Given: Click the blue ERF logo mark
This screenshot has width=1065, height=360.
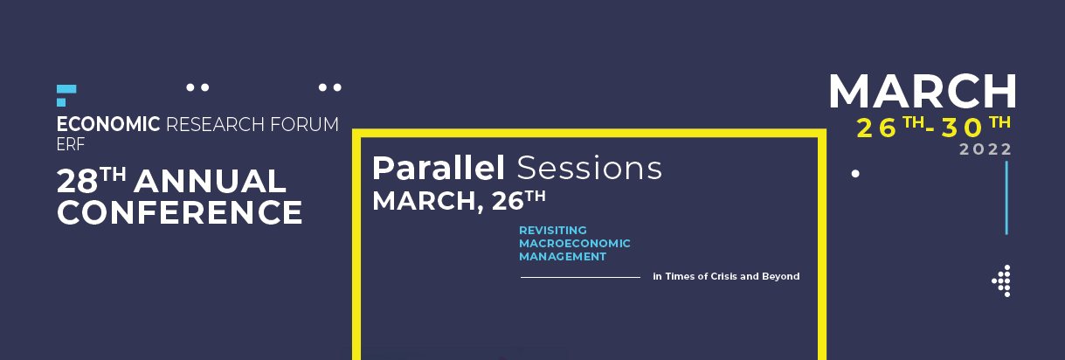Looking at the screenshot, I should (x=65, y=95).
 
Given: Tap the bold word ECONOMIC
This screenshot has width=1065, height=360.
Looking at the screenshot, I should (x=108, y=125).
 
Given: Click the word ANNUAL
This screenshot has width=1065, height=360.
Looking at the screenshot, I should (x=210, y=183).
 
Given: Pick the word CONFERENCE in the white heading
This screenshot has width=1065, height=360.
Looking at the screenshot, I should (x=179, y=212).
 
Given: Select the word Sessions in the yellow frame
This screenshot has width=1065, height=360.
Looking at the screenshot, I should (x=589, y=168).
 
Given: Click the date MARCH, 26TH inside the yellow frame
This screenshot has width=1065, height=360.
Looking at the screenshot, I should (x=459, y=200).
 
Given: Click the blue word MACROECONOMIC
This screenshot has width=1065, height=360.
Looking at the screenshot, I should (x=574, y=243).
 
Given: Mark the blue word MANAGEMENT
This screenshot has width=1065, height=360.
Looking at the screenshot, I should (x=562, y=257).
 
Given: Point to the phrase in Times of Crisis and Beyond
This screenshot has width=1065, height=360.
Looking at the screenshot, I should (x=726, y=276).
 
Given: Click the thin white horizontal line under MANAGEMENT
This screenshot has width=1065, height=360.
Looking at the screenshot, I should (x=580, y=277).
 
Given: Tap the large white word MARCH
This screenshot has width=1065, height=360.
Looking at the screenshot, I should (x=923, y=91).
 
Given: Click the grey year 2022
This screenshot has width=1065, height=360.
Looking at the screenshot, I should (x=985, y=149).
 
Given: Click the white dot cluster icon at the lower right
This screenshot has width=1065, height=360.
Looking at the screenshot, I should (x=1002, y=280).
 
